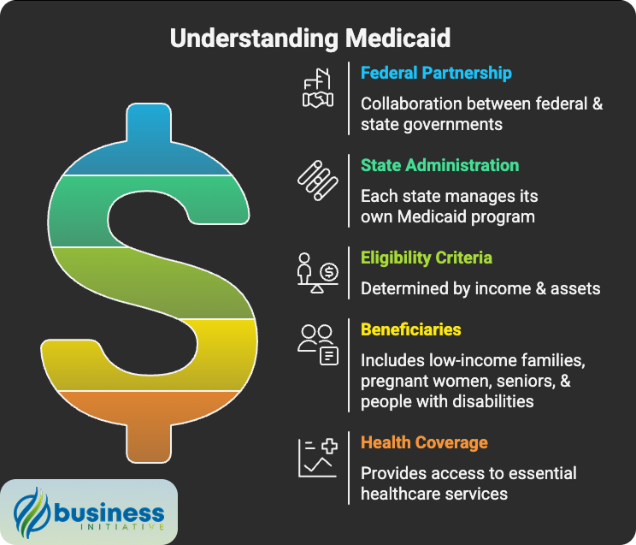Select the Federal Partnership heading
[436, 73]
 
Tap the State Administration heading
[439, 165]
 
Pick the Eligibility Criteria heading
[426, 258]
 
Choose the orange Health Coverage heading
[424, 442]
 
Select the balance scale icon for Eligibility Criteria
[317, 273]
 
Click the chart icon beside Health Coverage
[318, 457]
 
